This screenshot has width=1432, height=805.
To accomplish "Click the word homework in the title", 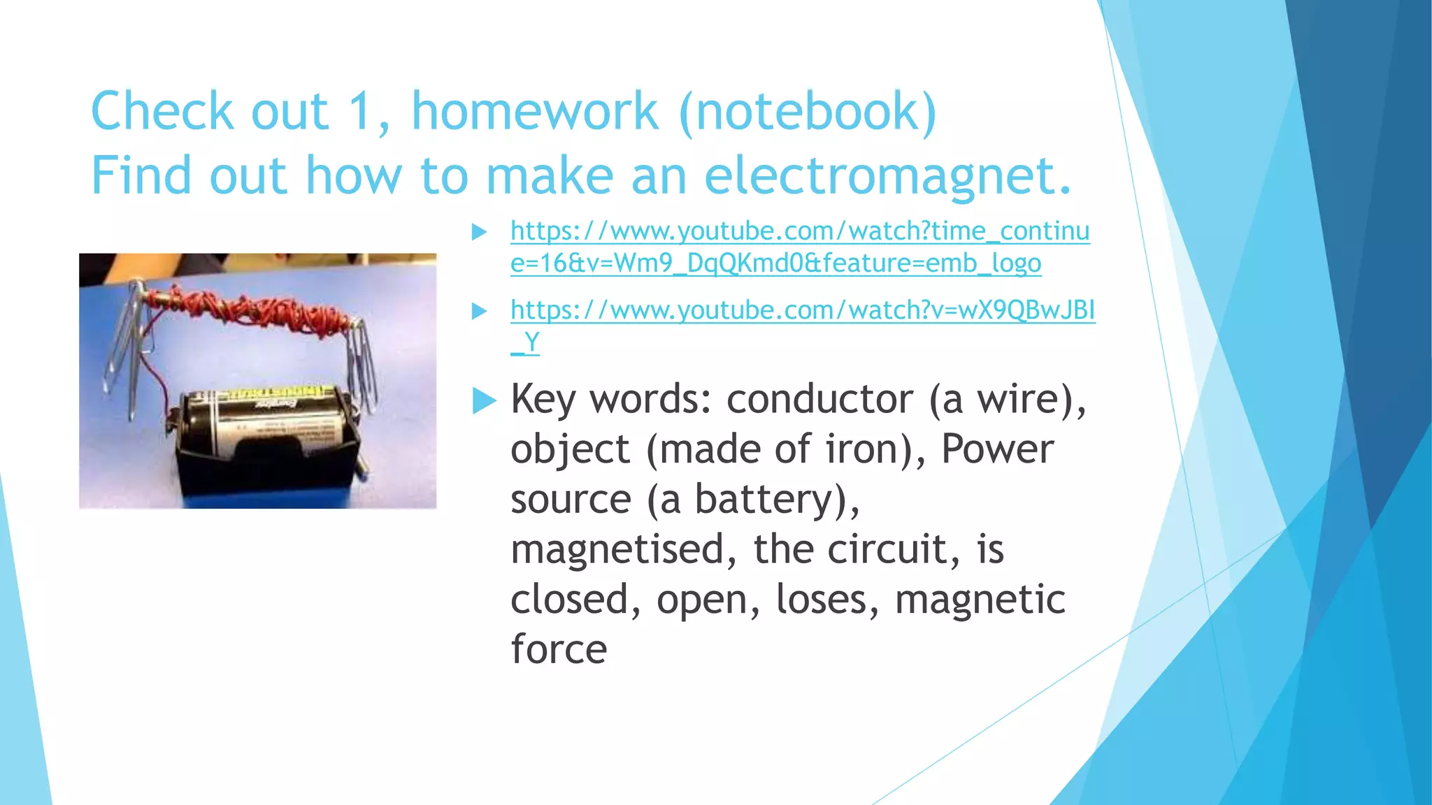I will (534, 112).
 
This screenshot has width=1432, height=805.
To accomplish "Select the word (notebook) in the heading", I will (808, 112).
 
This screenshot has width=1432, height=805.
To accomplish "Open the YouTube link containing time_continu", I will (799, 231).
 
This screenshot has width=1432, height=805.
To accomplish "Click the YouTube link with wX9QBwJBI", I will (802, 310).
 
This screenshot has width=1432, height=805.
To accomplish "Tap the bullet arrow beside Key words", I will (484, 401).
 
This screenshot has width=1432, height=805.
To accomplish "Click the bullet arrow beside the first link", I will (480, 232).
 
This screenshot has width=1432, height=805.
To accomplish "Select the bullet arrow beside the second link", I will (480, 311).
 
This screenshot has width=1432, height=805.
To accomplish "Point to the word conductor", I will (819, 400).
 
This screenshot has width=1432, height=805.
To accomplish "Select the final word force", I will (559, 649).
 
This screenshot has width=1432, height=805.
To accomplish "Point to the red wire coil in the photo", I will (252, 308).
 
